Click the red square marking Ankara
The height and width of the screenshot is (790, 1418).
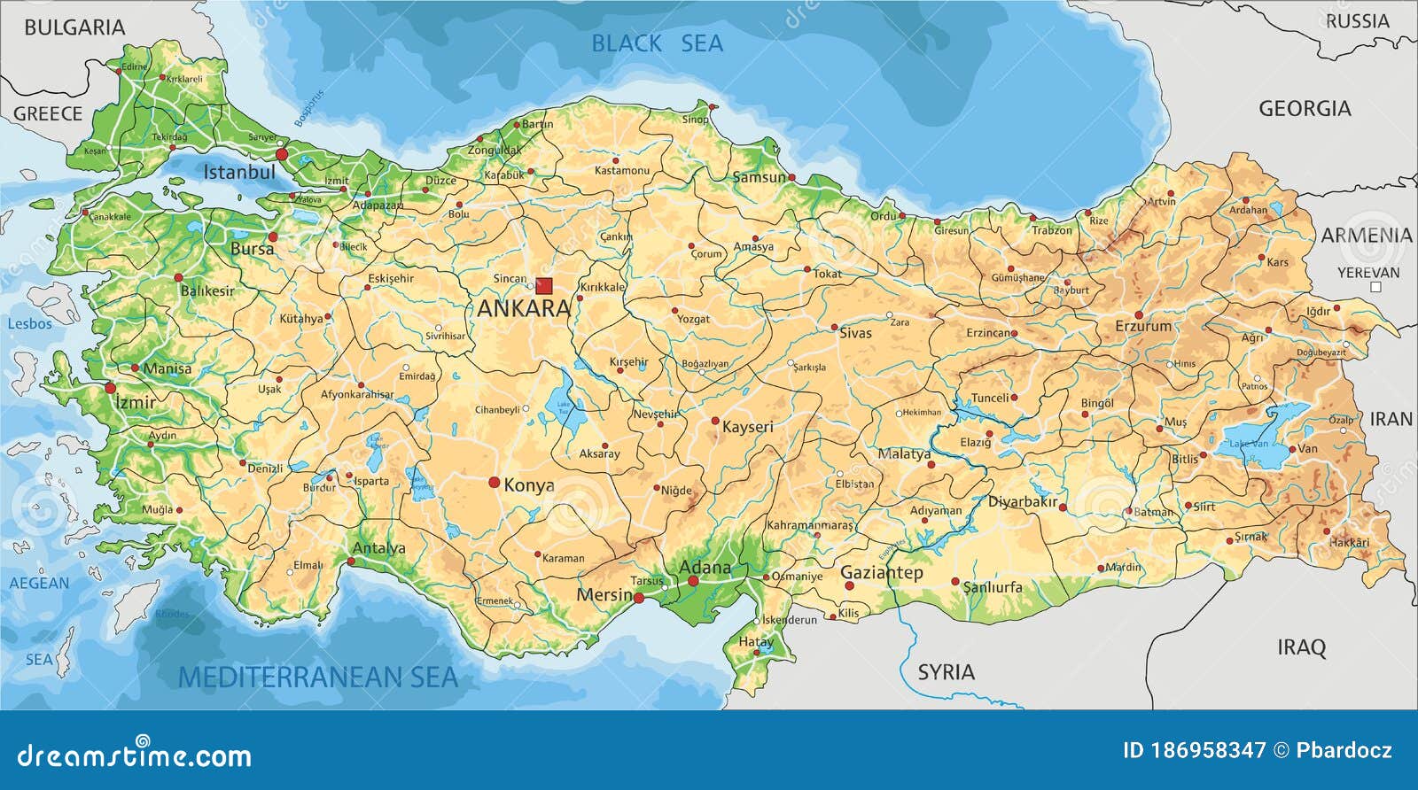tap(543, 286)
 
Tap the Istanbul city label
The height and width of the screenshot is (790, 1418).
tap(239, 172)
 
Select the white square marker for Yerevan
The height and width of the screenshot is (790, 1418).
tap(1375, 287)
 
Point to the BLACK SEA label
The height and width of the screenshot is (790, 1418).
tap(657, 43)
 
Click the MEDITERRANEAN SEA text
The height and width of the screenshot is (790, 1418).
tap(318, 678)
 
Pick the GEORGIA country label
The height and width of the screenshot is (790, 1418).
tap(1305, 109)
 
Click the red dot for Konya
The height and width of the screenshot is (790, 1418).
tap(494, 482)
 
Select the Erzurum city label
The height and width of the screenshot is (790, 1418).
tap(1142, 326)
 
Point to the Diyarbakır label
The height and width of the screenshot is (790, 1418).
tap(1023, 502)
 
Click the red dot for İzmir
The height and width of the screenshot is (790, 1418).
tap(111, 388)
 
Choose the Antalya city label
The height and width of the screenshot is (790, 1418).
tap(378, 548)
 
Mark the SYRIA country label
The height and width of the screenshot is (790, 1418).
tap(946, 672)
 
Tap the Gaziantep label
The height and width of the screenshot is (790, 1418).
tap(881, 573)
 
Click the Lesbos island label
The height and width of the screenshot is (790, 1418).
tap(29, 324)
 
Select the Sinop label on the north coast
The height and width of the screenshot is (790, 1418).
tap(695, 120)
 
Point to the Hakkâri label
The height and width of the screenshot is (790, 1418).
tap(1349, 542)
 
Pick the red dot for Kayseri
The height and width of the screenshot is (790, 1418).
tap(715, 422)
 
